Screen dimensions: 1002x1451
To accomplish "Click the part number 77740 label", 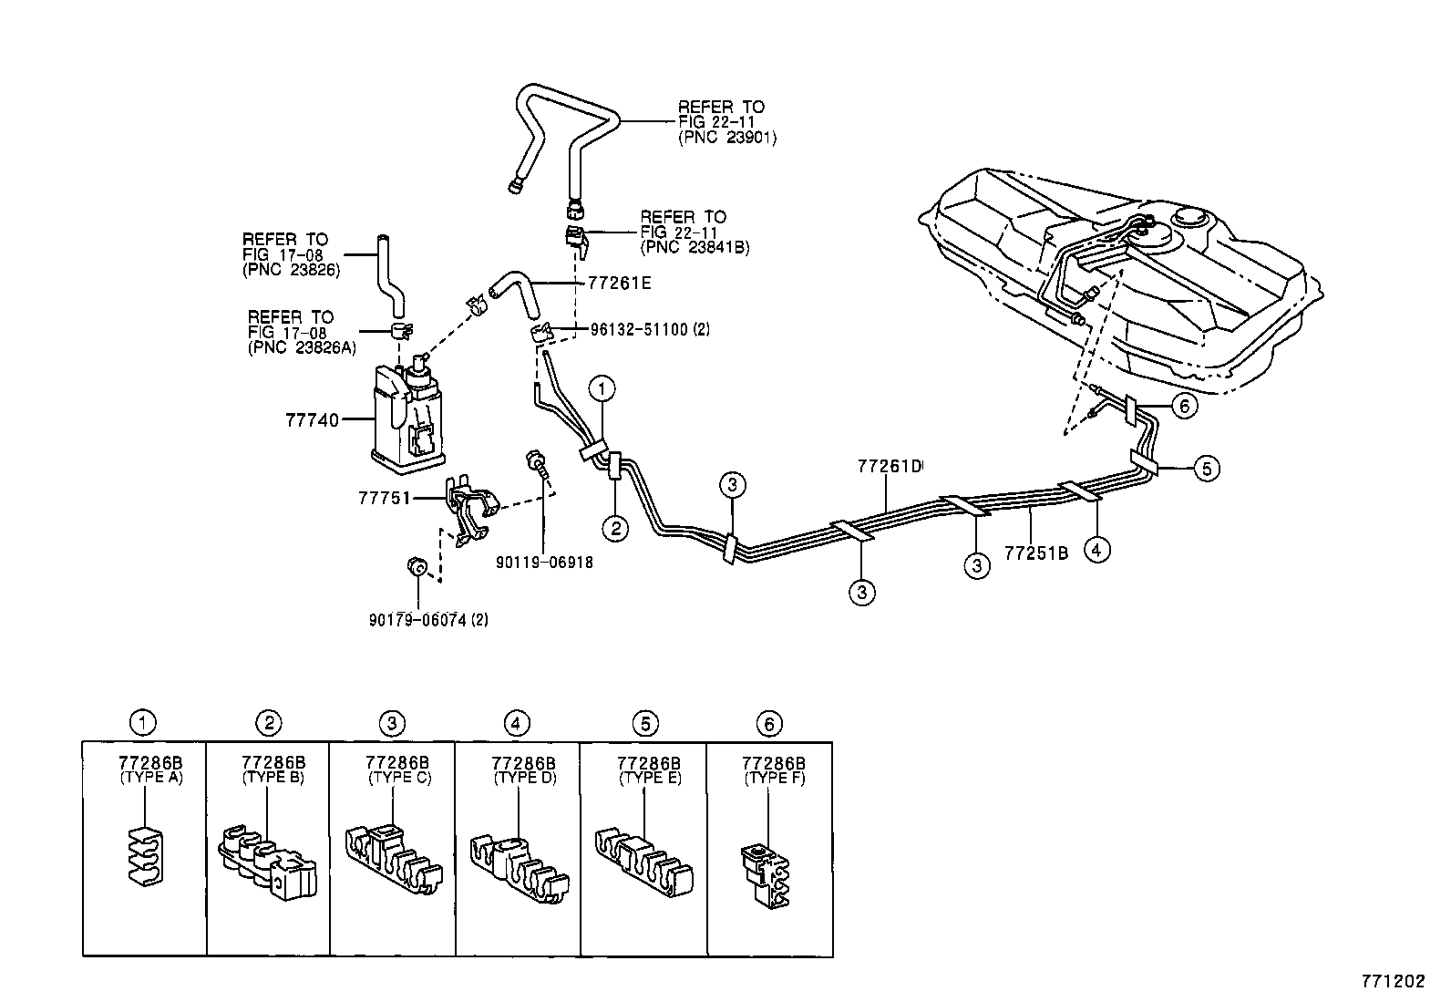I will pyautogui.click(x=312, y=420).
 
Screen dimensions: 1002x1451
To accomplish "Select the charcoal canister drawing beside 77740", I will pyautogui.click(x=408, y=415).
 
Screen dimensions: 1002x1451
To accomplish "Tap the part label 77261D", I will pyautogui.click(x=890, y=466).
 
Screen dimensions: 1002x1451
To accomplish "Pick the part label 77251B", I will pyautogui.click(x=1035, y=553).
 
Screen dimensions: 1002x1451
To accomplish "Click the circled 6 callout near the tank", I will pyautogui.click(x=1183, y=405).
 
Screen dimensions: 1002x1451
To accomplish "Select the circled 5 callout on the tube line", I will pyautogui.click(x=1206, y=469).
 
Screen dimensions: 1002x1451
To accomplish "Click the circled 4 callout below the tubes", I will pyautogui.click(x=1096, y=549).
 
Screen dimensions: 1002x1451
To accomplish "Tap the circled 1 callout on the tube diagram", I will pyautogui.click(x=602, y=389).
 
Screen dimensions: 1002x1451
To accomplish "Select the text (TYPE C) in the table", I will pyautogui.click(x=399, y=778).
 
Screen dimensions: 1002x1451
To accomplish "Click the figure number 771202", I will pyautogui.click(x=1393, y=982).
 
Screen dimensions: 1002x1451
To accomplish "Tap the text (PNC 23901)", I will pyautogui.click(x=726, y=139).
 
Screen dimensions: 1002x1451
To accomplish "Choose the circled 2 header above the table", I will pyautogui.click(x=269, y=723).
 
